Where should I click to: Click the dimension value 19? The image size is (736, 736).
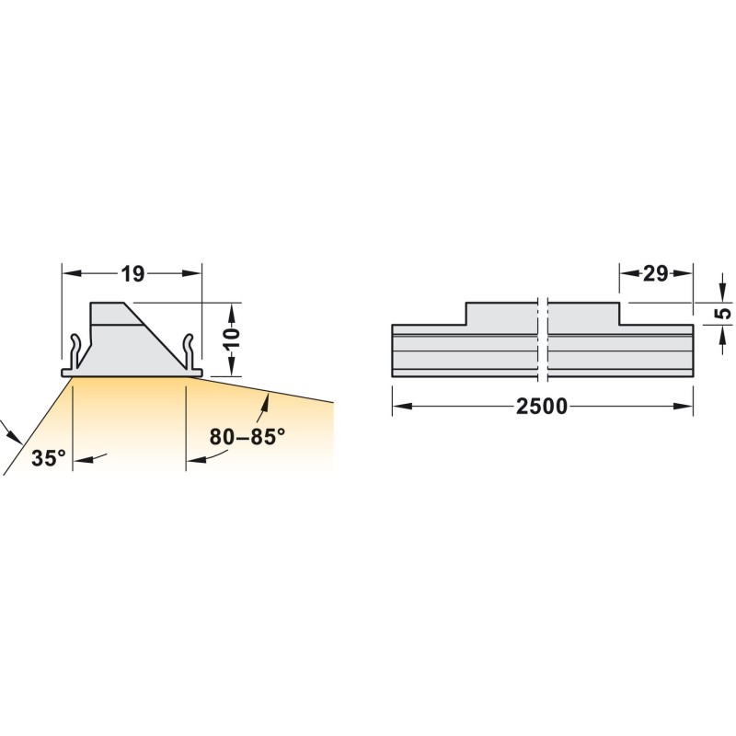click(x=132, y=274)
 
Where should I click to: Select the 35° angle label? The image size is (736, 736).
click(x=49, y=457)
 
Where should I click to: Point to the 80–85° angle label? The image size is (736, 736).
click(x=247, y=436)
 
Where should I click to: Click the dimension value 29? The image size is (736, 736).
click(x=655, y=273)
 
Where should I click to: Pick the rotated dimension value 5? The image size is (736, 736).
click(x=725, y=313)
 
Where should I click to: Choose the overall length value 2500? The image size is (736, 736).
click(x=542, y=406)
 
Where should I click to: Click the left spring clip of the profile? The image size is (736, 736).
click(x=75, y=352)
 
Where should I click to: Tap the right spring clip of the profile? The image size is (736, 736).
click(x=189, y=352)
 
